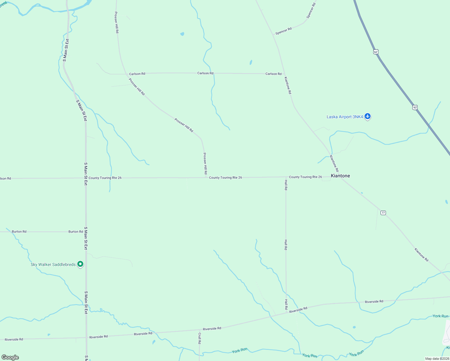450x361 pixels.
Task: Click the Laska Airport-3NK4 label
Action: tap(345, 117)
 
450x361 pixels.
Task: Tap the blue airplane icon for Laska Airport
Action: tap(367, 116)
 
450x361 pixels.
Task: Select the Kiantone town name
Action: tap(340, 176)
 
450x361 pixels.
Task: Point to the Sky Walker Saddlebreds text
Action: tap(53, 265)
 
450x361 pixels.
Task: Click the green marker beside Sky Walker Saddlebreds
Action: tap(80, 264)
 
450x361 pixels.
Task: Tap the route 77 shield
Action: tap(383, 213)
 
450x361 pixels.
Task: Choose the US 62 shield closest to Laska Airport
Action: tap(415, 107)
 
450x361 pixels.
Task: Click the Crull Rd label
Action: tap(199, 338)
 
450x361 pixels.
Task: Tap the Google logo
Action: tap(10, 357)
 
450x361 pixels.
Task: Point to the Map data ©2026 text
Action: tap(437, 359)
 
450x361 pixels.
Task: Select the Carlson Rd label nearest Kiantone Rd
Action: tap(273, 74)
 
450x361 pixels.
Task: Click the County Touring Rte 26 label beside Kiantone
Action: tap(305, 177)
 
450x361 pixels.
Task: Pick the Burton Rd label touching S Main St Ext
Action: tap(76, 232)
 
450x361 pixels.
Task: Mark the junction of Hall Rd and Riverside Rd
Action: tap(286, 313)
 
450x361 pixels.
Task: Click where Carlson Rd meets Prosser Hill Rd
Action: tap(126, 74)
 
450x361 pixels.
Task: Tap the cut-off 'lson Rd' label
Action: tap(5, 179)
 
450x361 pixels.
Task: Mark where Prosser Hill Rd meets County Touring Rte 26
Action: tap(205, 177)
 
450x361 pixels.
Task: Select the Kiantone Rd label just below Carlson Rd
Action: tap(288, 85)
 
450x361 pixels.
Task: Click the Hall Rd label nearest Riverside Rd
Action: tap(286, 304)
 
